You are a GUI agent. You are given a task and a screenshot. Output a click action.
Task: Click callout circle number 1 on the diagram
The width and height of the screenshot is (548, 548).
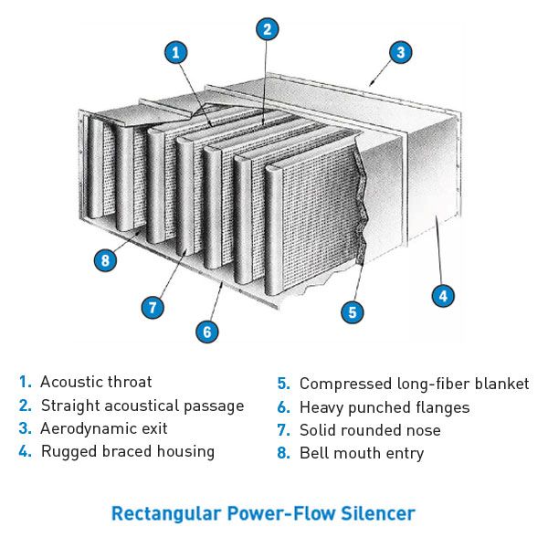(176, 52)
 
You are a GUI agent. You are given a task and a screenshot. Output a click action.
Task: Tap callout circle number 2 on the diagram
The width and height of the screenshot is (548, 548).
(267, 29)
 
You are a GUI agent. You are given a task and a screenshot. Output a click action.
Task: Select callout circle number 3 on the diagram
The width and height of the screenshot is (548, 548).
(400, 52)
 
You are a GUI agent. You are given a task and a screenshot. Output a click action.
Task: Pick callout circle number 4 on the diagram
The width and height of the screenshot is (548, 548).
(442, 295)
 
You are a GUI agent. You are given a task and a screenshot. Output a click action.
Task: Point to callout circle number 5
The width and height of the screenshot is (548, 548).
(353, 312)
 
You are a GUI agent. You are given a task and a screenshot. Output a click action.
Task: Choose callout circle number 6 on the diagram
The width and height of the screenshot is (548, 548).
(207, 332)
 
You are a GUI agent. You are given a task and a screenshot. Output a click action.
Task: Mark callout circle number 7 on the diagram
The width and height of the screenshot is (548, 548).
(153, 307)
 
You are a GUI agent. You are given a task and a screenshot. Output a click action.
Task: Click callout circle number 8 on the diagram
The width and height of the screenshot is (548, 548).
(106, 260)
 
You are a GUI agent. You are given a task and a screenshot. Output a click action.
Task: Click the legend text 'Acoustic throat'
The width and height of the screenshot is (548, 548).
(96, 383)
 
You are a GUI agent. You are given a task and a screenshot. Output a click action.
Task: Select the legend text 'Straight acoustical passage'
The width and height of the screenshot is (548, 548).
(142, 406)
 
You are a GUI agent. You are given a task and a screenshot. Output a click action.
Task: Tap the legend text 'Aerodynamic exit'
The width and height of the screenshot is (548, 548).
(103, 428)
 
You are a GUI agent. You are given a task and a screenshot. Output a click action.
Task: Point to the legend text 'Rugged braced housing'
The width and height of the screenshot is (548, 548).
(128, 451)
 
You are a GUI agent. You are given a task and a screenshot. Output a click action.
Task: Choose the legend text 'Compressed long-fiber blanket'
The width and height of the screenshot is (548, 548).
(414, 385)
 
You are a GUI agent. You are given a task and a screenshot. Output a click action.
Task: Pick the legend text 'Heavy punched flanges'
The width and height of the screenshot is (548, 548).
(384, 407)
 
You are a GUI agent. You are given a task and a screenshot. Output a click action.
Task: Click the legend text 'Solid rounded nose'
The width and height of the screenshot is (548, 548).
(370, 430)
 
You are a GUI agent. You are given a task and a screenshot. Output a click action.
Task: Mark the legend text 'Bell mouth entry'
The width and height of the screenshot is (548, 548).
(362, 453)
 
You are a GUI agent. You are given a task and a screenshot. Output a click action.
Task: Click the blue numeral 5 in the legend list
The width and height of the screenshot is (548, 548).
(283, 385)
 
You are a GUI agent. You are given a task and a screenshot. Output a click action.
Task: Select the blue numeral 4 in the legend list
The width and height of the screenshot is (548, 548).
(24, 451)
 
